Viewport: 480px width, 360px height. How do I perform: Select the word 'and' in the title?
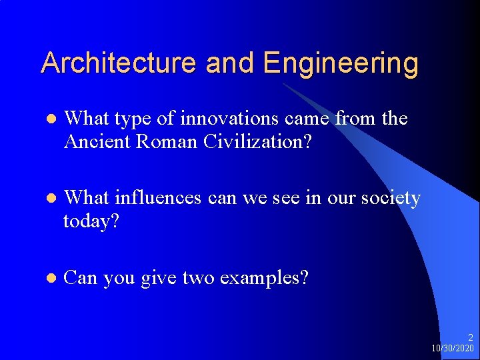231,63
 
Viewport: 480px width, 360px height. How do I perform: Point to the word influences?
159,198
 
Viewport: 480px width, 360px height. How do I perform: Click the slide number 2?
470,338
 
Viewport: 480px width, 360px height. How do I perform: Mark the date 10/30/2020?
453,349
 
